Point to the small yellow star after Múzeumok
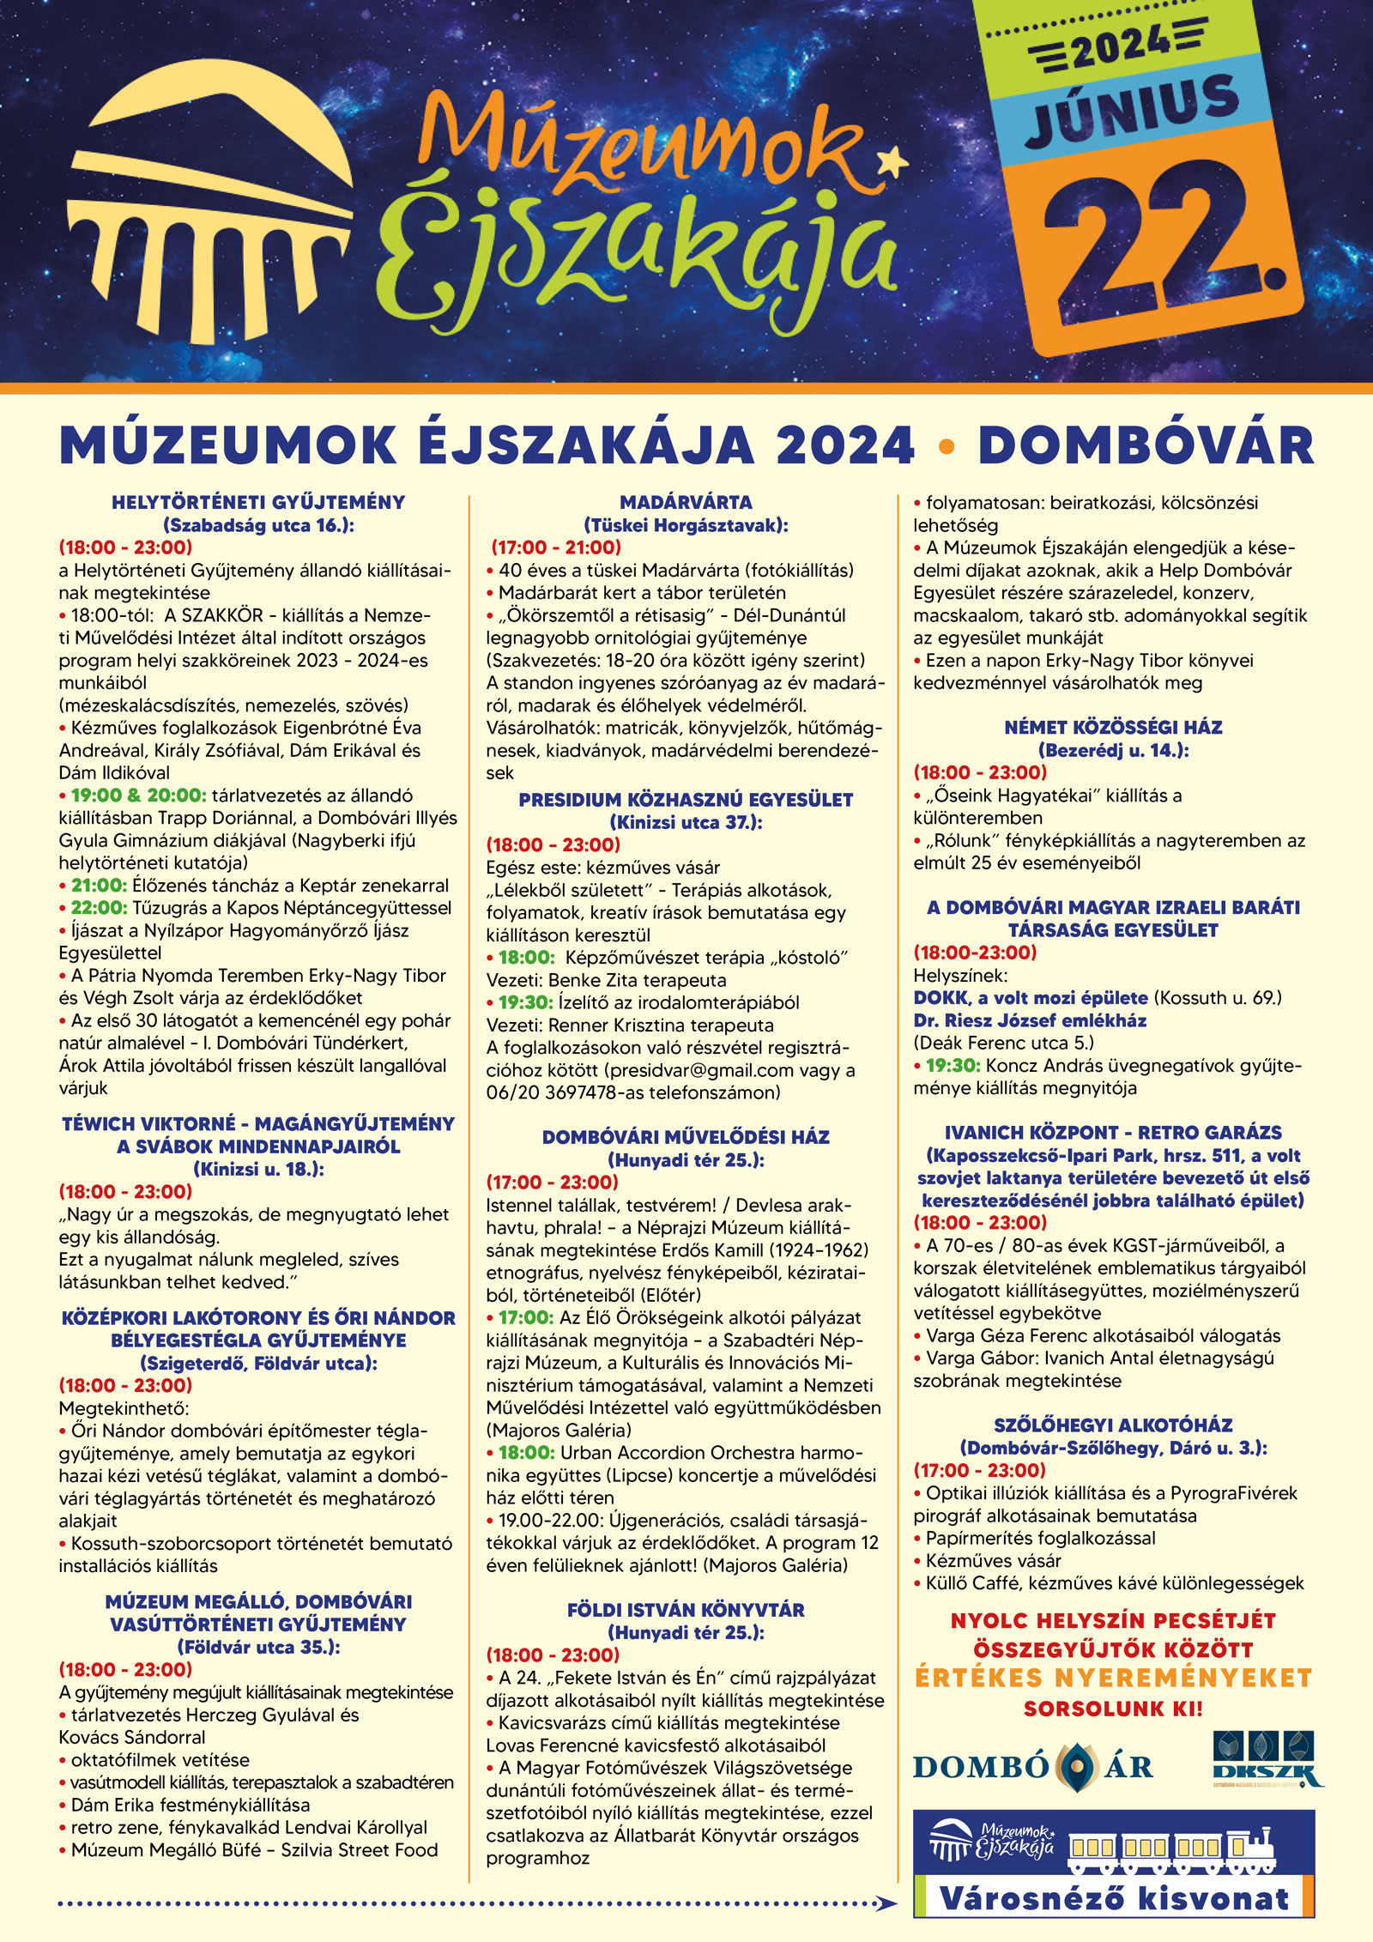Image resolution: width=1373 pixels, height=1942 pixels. click(894, 160)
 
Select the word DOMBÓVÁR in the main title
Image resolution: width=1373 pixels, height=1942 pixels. click(1146, 446)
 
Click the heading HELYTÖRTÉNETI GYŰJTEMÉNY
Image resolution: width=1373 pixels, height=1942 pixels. click(258, 503)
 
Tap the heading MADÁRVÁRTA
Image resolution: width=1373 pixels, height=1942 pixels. click(686, 503)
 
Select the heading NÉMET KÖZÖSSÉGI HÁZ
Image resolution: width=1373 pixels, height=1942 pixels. click(1113, 728)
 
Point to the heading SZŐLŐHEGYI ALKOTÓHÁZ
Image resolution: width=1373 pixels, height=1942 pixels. click(1113, 1425)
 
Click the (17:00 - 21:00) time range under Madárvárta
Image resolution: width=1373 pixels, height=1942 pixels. click(556, 548)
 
